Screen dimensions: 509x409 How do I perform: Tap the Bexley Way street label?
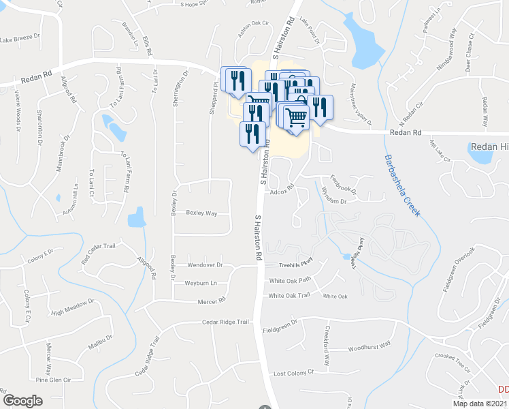pyautogui.click(x=201, y=213)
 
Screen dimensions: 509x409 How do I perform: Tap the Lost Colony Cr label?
pyautogui.click(x=293, y=373)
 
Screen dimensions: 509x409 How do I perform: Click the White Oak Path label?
pyautogui.click(x=290, y=280)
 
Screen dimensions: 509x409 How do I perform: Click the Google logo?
pyautogui.click(x=23, y=400)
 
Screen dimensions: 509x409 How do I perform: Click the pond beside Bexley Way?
pyautogui.click(x=136, y=217)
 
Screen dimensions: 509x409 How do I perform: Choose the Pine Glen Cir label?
pyautogui.click(x=56, y=380)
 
